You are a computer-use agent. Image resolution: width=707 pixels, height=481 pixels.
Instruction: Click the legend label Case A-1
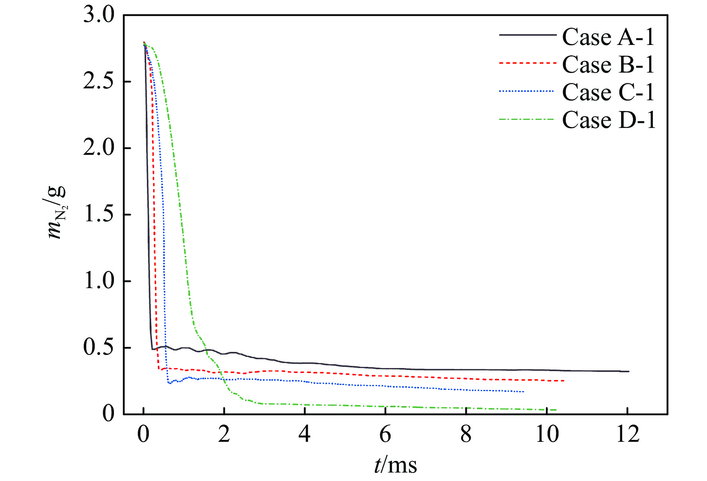608,37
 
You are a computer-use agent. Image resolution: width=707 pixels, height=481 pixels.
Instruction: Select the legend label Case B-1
608,65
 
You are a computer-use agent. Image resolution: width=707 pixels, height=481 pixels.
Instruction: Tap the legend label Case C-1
608,92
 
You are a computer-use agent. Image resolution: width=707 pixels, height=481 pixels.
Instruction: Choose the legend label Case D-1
609,120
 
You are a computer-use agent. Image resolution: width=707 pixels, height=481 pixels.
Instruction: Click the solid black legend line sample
527,35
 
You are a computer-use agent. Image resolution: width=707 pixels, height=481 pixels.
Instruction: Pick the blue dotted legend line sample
526,91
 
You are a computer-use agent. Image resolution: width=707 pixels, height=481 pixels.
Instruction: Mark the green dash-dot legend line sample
526,119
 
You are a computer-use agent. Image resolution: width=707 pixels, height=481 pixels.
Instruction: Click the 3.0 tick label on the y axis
99,16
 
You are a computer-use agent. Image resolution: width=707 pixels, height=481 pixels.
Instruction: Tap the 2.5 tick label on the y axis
99,82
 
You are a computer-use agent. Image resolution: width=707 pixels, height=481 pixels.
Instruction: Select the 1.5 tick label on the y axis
99,214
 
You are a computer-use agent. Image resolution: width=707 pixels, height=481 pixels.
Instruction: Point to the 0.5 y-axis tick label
99,347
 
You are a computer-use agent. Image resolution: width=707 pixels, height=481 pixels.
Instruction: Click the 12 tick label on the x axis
628,435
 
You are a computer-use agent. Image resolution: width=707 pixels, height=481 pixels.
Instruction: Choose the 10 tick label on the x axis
547,435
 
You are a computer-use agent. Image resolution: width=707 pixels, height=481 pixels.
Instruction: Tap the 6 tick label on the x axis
385,435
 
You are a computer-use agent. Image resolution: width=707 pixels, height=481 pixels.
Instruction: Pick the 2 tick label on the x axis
224,435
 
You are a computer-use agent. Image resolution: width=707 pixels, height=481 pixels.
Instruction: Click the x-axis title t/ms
395,465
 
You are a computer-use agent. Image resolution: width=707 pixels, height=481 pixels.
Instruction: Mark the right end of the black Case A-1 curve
629,372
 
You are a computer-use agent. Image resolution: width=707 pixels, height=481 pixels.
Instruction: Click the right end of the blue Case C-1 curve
524,391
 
